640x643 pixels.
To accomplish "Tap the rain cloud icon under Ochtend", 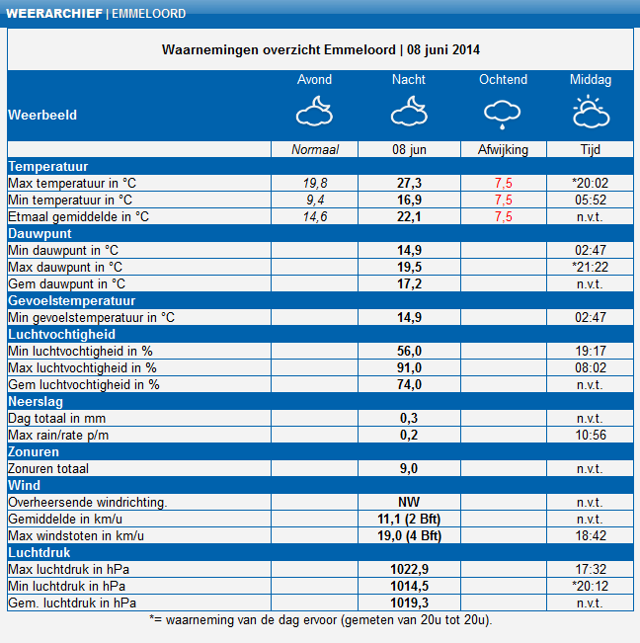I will pos(503,114).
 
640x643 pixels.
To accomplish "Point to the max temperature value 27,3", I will pos(409,183).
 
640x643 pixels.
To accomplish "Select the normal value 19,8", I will pos(315,183).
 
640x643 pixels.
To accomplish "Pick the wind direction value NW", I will pos(409,502).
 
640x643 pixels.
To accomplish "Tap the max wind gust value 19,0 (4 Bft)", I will pos(409,535).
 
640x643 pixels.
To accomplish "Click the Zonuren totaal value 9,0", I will pos(409,468).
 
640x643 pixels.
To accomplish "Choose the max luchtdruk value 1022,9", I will pos(409,569).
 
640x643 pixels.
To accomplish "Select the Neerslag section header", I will pos(38,401).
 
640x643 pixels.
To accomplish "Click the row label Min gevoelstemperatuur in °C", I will pos(91,317).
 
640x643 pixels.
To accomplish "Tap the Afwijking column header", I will pos(503,149).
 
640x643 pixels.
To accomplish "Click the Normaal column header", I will pos(315,149).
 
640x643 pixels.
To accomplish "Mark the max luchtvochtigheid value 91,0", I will pos(409,367).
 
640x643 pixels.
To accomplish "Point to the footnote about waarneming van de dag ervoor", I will pos(320,620).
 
